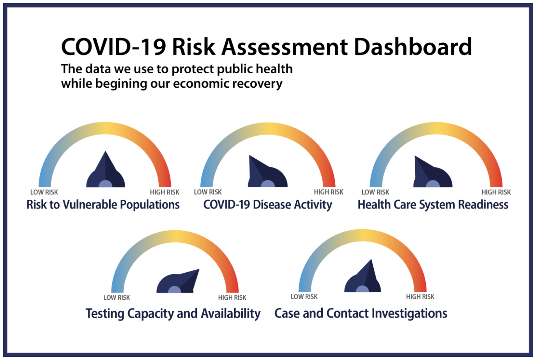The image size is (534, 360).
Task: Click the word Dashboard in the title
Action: tap(413, 46)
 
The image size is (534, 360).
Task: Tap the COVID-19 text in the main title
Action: tap(113, 47)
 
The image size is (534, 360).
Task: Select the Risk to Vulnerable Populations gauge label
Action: tap(103, 205)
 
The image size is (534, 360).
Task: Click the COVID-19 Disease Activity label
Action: tap(267, 205)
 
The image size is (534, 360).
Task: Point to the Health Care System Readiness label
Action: tap(433, 205)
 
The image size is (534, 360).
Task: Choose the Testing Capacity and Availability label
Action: tap(173, 314)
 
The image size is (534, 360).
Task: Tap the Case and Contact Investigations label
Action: tap(361, 313)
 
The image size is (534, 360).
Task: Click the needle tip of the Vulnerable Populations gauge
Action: tap(105, 151)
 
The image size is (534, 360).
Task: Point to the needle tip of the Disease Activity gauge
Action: tap(249, 155)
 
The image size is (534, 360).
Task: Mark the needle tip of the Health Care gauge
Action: tap(415, 156)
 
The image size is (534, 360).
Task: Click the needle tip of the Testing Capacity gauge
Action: tap(199, 269)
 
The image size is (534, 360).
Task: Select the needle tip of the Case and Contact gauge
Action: tap(371, 259)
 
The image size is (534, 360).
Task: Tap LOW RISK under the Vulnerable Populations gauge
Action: tap(44, 192)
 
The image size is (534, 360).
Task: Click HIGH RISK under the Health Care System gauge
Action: tap(496, 192)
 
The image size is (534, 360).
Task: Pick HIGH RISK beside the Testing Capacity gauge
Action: tap(232, 298)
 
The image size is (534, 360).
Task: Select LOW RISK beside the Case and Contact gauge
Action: tap(304, 297)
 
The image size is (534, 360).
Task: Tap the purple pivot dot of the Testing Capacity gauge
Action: tap(175, 289)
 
